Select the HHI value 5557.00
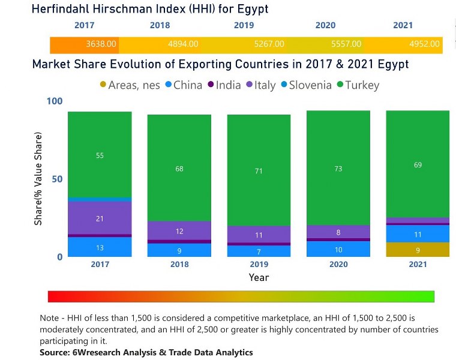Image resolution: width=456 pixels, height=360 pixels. pyautogui.click(x=346, y=44)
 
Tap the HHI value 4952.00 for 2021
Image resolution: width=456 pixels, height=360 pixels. pyautogui.click(x=425, y=44)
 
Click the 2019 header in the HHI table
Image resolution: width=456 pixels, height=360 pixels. pyautogui.click(x=244, y=25)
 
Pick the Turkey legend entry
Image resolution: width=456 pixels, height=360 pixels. pyautogui.click(x=358, y=85)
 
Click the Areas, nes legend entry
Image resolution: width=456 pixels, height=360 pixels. pyautogui.click(x=130, y=85)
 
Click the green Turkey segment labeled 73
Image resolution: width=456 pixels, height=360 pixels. pyautogui.click(x=338, y=169)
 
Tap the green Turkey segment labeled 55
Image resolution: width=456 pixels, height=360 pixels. pyautogui.click(x=100, y=155)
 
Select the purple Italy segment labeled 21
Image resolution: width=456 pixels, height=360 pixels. pyautogui.click(x=100, y=218)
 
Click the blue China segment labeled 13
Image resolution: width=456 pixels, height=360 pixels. pyautogui.click(x=100, y=247)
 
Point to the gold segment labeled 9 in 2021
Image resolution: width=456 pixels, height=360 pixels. pyautogui.click(x=418, y=250)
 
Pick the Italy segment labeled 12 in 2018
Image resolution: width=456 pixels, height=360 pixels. pyautogui.click(x=179, y=231)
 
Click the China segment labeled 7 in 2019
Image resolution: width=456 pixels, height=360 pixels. pyautogui.click(x=259, y=251)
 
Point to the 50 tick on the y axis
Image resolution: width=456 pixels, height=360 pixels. pyautogui.click(x=56, y=179)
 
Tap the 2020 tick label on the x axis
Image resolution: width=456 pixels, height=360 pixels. pyautogui.click(x=338, y=265)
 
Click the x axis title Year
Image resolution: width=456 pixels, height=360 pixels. pyautogui.click(x=259, y=278)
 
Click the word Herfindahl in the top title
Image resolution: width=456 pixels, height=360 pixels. pyautogui.click(x=64, y=9)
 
